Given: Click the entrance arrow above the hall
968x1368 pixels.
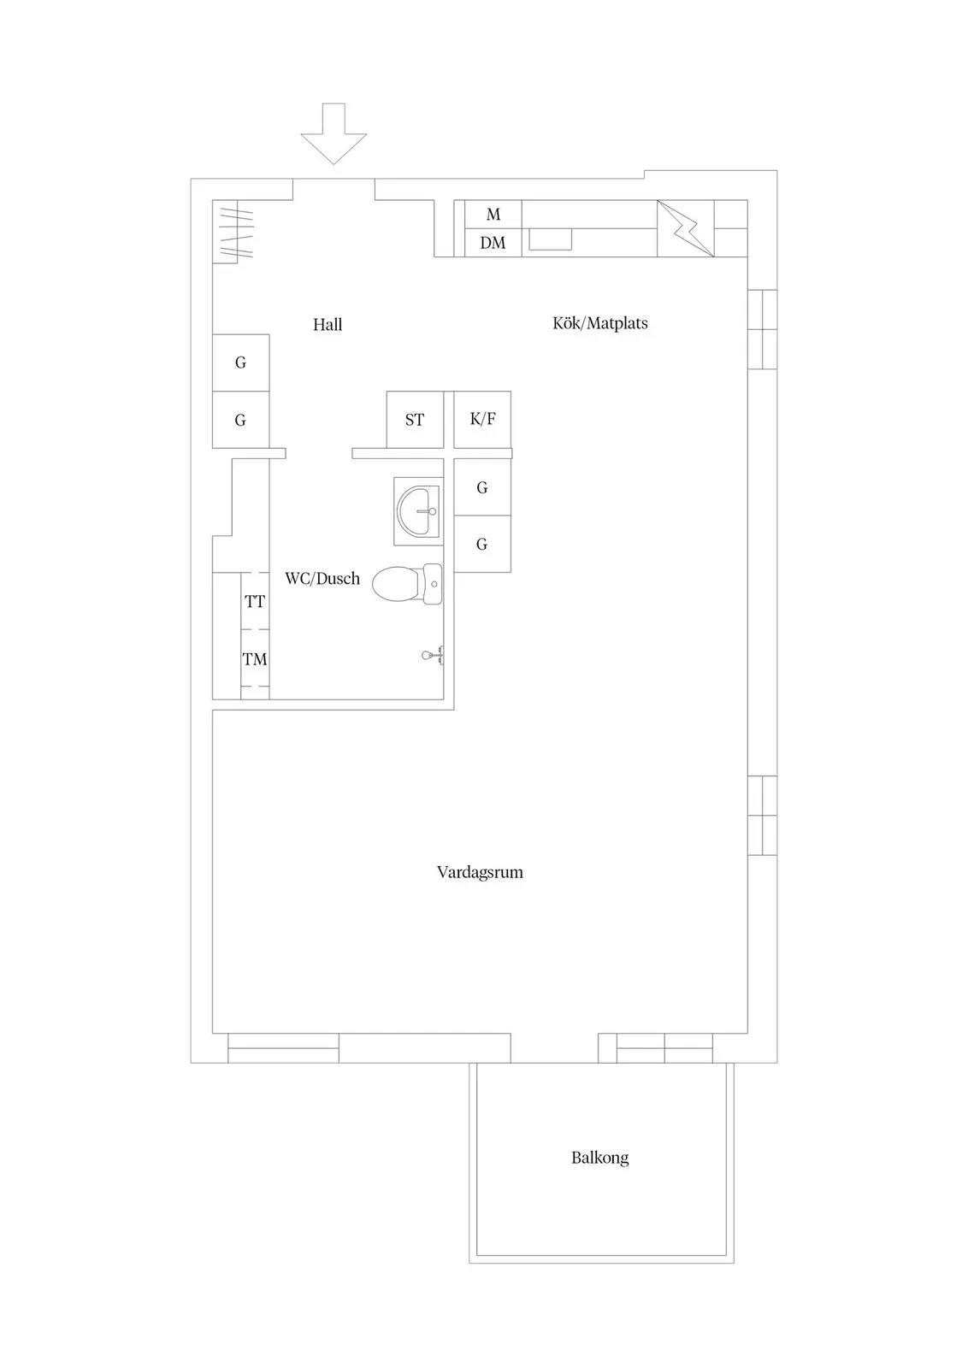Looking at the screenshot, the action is pos(333,134).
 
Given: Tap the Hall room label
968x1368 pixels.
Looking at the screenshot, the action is pos(328,324).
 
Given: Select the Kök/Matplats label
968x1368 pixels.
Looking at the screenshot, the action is pos(599,323).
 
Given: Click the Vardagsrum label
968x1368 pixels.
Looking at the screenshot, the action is pos(480,872).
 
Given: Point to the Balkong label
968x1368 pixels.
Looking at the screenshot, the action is pos(599,1158).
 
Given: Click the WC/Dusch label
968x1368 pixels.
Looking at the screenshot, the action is pos(322,578).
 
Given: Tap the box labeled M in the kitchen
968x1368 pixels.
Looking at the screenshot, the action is pos(493,215).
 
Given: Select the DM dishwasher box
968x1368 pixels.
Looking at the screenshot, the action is pos(493,243).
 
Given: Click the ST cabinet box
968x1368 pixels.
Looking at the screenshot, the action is pos(416,420).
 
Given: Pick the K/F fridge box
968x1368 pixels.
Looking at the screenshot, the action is pos(482,420).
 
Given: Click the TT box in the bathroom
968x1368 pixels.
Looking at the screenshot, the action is pos(255,602).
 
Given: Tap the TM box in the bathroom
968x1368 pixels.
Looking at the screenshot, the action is pos(255,659).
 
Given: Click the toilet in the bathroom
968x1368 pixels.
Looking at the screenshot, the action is pos(407,584).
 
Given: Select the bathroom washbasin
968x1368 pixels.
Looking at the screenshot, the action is pos(418,511).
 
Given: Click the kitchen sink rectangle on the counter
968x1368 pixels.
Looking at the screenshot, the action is pos(550,239).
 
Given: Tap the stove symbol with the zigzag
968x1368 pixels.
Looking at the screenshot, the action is pos(685,228).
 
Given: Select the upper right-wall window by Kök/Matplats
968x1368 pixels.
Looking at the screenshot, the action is pos(763,329).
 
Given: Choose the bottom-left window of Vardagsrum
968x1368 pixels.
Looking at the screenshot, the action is pos(283,1048).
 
